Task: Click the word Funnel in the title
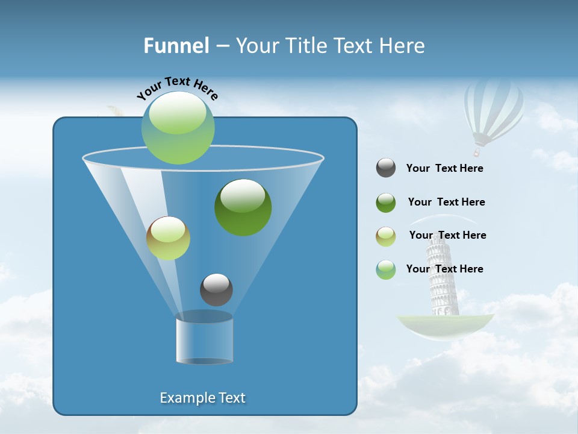click(176, 46)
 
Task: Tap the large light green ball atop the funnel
click(178, 127)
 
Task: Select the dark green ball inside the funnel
click(243, 207)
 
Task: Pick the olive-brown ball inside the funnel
click(168, 238)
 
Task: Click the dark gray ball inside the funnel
click(216, 289)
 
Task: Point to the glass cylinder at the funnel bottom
click(204, 339)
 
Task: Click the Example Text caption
click(202, 398)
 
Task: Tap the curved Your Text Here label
click(178, 88)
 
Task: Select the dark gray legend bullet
click(386, 168)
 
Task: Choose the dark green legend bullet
click(386, 203)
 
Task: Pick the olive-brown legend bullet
click(386, 236)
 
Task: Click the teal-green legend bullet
click(386, 269)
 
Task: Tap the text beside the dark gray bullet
click(444, 169)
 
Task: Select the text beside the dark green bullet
click(446, 203)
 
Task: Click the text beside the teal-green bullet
click(444, 269)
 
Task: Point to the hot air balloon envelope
click(493, 108)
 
